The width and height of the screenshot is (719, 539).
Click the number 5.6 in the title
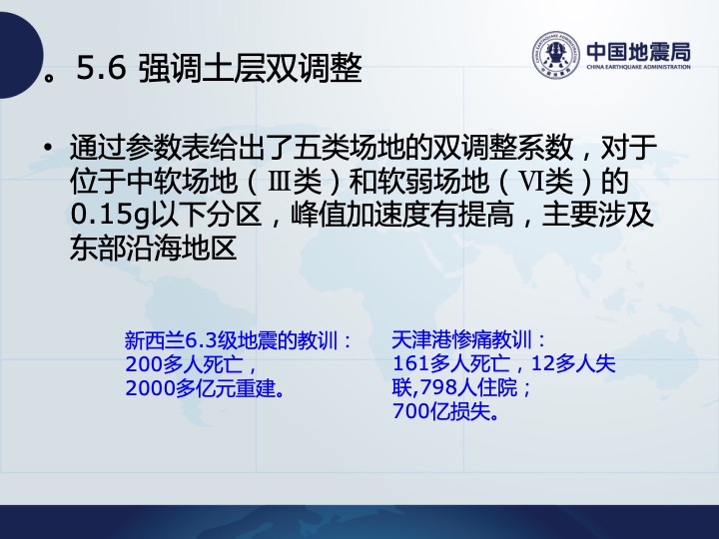click(x=101, y=68)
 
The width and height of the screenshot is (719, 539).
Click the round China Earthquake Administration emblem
click(x=556, y=55)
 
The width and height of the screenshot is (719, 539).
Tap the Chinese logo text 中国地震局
click(x=638, y=51)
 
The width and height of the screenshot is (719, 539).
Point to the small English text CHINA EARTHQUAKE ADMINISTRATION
click(x=638, y=67)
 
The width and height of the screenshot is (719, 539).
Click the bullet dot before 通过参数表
click(x=47, y=148)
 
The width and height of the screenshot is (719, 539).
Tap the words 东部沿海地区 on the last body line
click(x=153, y=249)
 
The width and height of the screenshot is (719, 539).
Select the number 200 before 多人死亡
click(x=144, y=364)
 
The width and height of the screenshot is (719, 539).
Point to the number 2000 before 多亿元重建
click(x=150, y=388)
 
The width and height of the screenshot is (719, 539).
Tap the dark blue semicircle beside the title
click(x=18, y=55)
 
